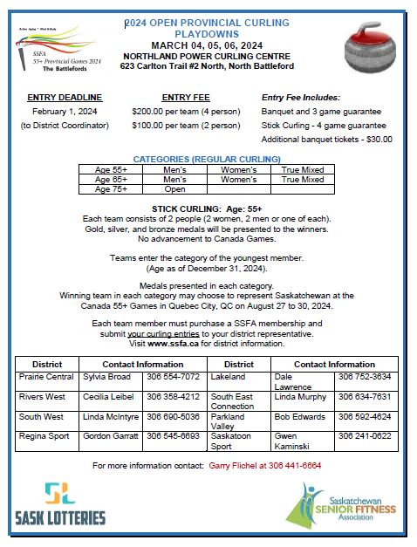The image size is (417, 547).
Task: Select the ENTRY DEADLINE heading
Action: [65, 98]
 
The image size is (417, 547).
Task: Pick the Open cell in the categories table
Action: [175, 188]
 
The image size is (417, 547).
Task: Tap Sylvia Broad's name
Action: [106, 376]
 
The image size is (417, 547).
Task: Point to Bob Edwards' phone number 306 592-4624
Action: [365, 416]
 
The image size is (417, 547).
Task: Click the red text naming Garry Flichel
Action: [265, 465]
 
